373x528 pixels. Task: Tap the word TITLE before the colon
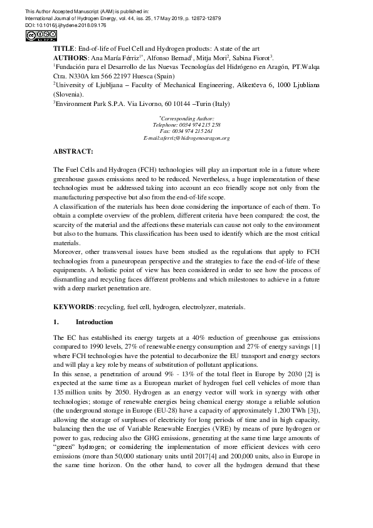[x=63, y=48]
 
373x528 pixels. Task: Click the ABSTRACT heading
[x=73, y=152]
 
